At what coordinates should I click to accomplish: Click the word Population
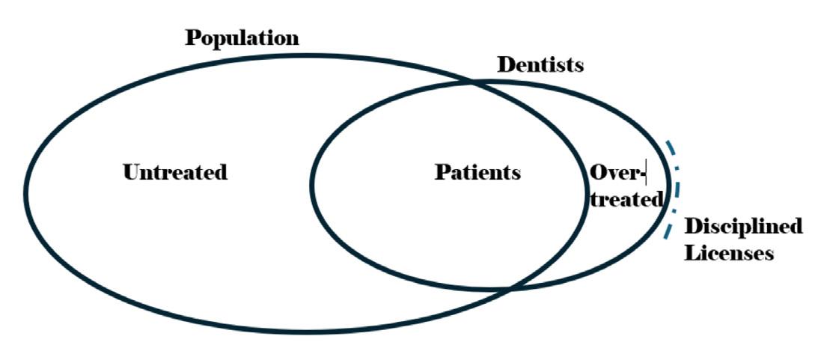(242, 38)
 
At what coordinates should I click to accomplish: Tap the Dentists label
(540, 65)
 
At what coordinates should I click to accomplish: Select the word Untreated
(174, 172)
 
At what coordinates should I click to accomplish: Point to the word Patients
(477, 172)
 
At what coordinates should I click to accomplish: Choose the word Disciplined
(744, 226)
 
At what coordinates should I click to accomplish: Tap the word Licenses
(729, 253)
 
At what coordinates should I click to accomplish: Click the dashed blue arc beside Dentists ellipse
(677, 187)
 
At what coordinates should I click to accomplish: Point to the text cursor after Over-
(646, 173)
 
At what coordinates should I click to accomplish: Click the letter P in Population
(192, 37)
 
